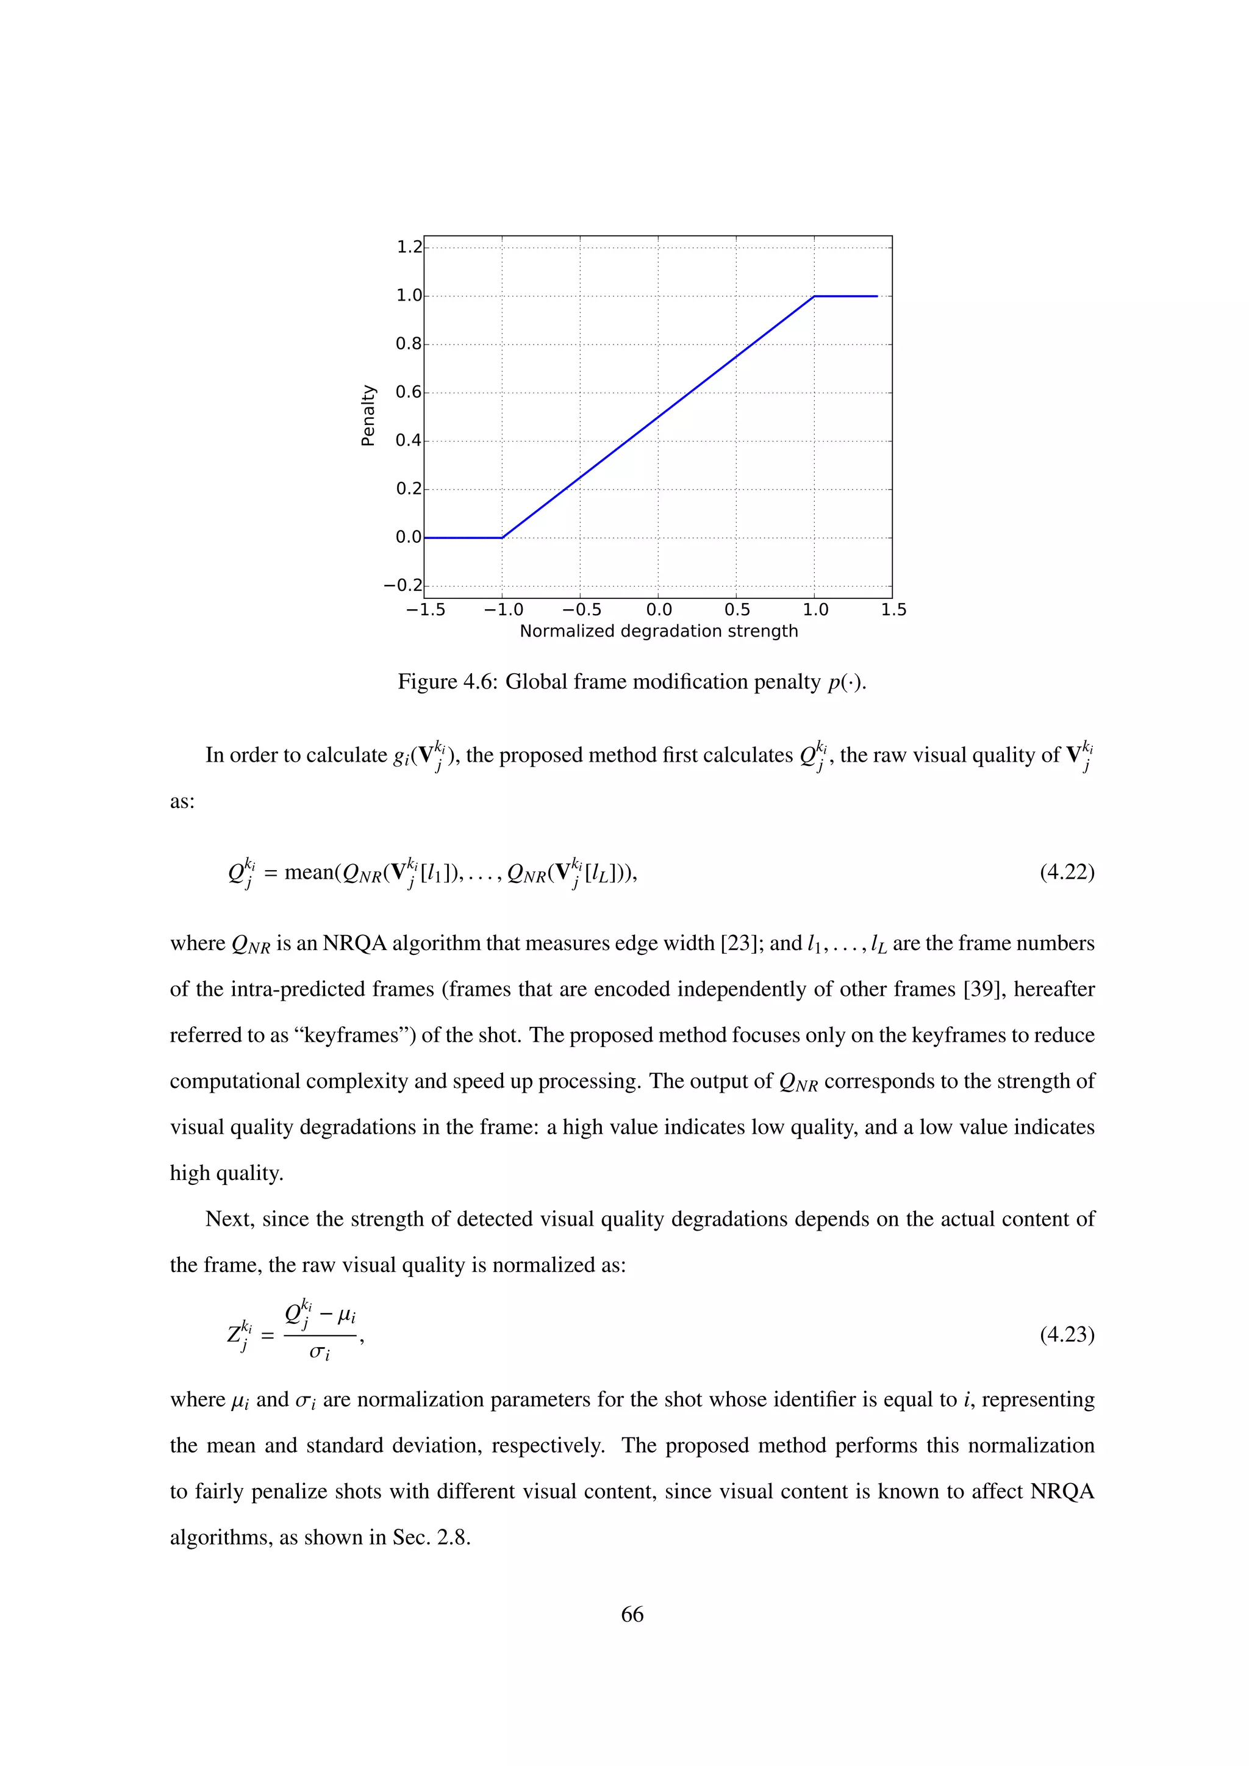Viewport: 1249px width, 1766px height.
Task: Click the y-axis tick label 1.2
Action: pos(409,247)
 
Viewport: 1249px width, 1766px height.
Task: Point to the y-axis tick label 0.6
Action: pos(409,392)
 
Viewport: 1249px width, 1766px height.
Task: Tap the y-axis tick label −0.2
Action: pos(403,585)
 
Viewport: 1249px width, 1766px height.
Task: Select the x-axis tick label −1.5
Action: pos(425,610)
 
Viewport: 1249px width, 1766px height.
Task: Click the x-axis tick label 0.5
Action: pos(737,610)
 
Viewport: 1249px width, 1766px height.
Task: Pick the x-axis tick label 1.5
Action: pos(893,610)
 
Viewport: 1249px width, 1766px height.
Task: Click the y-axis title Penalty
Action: pos(368,415)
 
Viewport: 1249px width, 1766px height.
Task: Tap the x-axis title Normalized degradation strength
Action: pos(658,632)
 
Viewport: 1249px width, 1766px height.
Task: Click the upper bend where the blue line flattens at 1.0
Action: pos(814,296)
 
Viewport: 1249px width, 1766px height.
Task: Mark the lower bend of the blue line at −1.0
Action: pos(502,538)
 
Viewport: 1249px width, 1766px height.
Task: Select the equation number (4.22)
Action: pos(1067,872)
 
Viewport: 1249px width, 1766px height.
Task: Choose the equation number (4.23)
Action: pos(1067,1334)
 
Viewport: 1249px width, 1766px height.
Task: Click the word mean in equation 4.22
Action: pos(309,872)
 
